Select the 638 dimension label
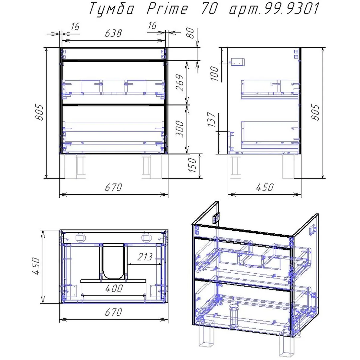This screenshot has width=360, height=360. [113, 33]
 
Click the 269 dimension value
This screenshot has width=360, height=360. [180, 83]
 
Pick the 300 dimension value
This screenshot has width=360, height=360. [180, 128]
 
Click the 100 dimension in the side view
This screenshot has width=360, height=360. [215, 73]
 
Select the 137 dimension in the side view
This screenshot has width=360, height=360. [212, 119]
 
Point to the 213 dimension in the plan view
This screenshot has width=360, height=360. [145, 257]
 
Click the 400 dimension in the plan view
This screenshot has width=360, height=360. [114, 289]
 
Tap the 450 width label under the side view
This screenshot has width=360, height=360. [265, 187]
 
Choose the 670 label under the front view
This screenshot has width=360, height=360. [113, 187]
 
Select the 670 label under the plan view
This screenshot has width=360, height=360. [113, 313]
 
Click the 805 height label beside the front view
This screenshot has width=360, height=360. [39, 112]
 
